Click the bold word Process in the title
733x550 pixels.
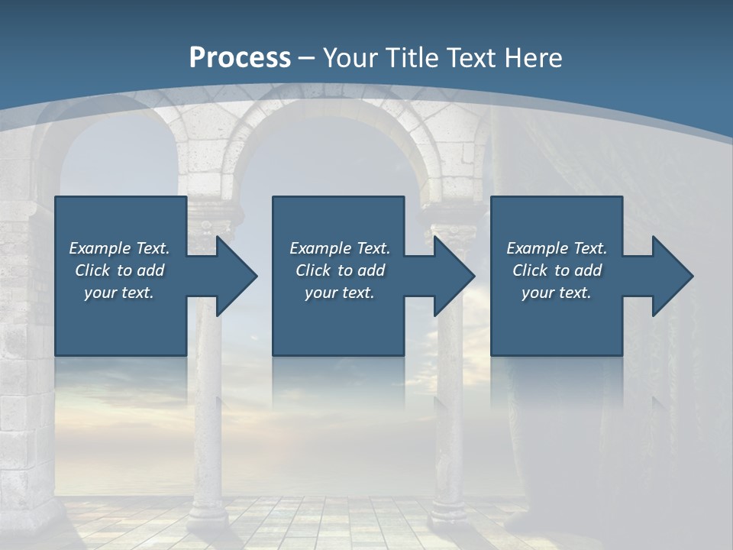click(x=240, y=57)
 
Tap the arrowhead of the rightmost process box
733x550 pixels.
click(x=671, y=276)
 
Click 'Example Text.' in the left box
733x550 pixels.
click(x=119, y=248)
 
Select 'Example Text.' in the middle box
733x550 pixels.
click(x=340, y=248)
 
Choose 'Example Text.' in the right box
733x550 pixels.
click(x=557, y=248)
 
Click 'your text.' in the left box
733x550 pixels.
click(x=119, y=293)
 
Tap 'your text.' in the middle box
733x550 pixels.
click(x=340, y=293)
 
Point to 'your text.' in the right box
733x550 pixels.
click(x=557, y=293)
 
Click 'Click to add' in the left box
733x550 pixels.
click(x=119, y=270)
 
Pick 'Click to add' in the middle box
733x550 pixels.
click(x=340, y=270)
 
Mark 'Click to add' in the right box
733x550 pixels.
click(x=557, y=270)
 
